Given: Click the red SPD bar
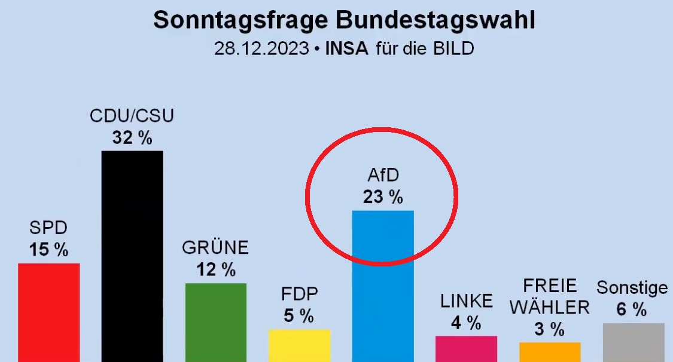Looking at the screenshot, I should click(x=48, y=312).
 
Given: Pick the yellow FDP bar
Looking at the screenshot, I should click(x=299, y=345).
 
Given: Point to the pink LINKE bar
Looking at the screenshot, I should click(x=466, y=348).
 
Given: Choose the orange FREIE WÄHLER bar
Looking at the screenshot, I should click(x=550, y=352).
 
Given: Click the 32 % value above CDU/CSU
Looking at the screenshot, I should click(x=132, y=138).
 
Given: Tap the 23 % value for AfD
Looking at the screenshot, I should click(x=383, y=197).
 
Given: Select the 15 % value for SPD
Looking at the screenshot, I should click(x=48, y=250).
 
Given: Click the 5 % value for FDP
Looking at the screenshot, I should click(x=299, y=315).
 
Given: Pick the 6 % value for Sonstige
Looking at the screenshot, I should click(x=632, y=309).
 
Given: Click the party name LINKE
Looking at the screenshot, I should click(x=467, y=301).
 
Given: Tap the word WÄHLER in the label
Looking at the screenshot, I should click(x=550, y=307).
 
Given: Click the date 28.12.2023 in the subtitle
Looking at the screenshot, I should click(x=261, y=48).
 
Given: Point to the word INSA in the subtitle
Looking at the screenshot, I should click(x=347, y=48).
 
